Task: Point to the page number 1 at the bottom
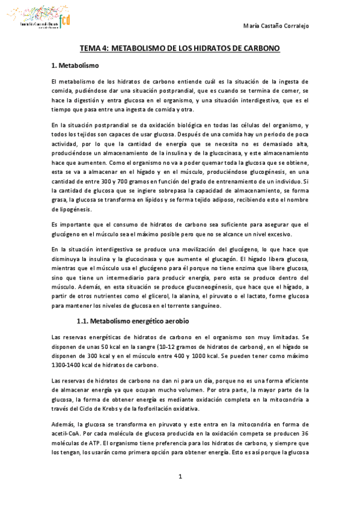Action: [180, 477]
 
